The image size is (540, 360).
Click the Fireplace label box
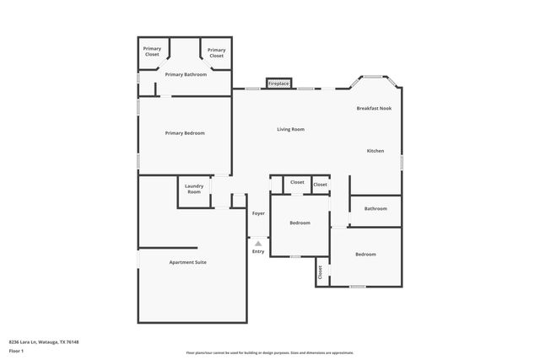coord(278,84)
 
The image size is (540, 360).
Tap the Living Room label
coord(290,129)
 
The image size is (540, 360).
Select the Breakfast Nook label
coord(374,108)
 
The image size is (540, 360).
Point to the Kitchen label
coord(375,151)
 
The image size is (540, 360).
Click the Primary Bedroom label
coord(185,133)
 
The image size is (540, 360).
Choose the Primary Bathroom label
coord(186,74)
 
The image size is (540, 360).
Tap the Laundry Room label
coord(194,190)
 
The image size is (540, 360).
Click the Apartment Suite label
coord(187,262)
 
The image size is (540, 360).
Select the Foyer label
coord(258,213)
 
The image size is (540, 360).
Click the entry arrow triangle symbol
coord(258,244)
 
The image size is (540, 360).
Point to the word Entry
coord(258,252)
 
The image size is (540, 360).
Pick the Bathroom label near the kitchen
coord(375,208)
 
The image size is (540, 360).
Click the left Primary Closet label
coord(152,51)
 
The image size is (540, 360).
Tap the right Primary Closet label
coord(217,51)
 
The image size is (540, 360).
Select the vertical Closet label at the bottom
coord(321,272)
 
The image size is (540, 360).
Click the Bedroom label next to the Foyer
coord(300,223)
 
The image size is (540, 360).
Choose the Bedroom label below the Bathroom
coord(365,254)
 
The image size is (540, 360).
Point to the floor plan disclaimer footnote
coord(270,352)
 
